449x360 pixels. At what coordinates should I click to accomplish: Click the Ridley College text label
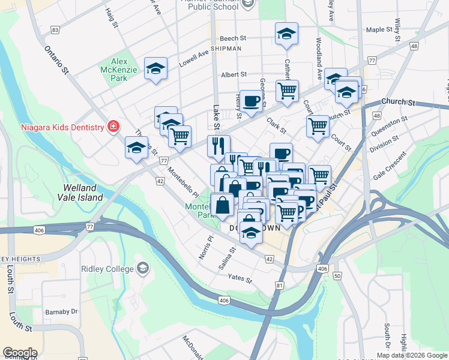pyautogui.click(x=107, y=268)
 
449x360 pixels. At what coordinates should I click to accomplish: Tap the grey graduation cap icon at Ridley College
pyautogui.click(x=143, y=267)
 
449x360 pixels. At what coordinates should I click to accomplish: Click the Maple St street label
pyautogui.click(x=379, y=29)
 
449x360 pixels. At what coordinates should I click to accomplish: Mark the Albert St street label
pyautogui.click(x=234, y=75)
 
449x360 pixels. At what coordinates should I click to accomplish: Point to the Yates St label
pyautogui.click(x=240, y=278)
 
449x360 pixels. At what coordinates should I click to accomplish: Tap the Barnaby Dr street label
pyautogui.click(x=62, y=312)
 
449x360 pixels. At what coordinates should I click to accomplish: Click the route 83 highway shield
pyautogui.click(x=55, y=29)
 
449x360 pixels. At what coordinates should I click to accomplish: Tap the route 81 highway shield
pyautogui.click(x=280, y=286)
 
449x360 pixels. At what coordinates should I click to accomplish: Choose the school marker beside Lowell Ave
pyautogui.click(x=155, y=68)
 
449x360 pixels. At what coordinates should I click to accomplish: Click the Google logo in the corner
pyautogui.click(x=20, y=353)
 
